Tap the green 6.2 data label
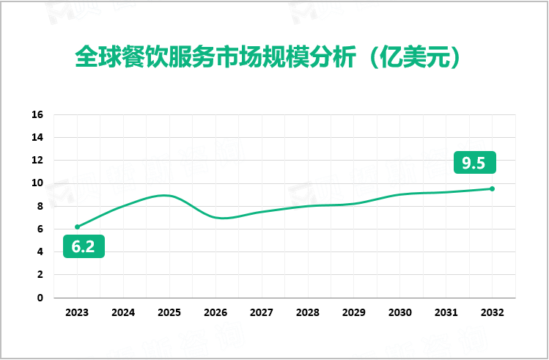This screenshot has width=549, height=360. (83, 247)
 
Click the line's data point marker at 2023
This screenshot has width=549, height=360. (77, 227)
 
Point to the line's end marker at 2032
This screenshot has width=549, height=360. (492, 188)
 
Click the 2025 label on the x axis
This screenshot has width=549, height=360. (169, 312)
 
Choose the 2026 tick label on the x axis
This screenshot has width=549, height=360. (215, 312)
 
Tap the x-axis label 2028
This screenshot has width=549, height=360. (308, 312)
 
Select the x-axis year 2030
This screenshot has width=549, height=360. (399, 312)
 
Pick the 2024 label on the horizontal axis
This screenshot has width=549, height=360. (123, 312)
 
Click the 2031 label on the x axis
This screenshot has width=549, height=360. (446, 312)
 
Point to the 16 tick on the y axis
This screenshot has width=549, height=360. (38, 115)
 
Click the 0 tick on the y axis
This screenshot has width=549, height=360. (41, 298)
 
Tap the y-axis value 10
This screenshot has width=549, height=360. (38, 183)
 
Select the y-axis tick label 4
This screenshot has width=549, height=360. (41, 252)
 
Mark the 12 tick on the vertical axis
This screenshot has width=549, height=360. (38, 161)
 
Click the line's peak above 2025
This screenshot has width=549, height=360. (167, 195)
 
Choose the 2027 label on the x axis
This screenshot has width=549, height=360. (262, 312)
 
